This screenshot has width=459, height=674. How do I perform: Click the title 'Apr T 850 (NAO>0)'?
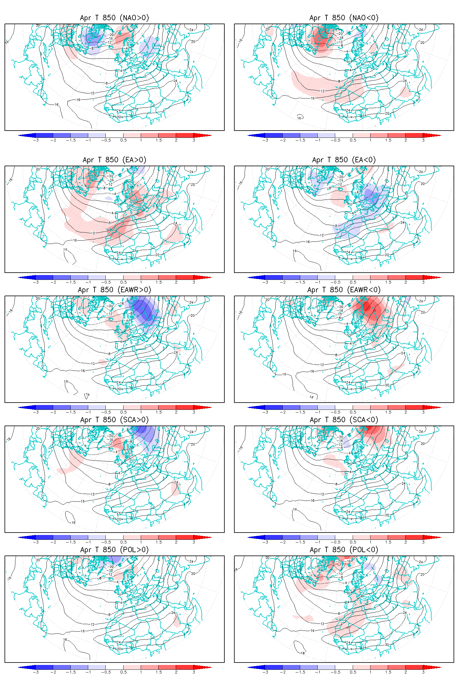tap(114, 18)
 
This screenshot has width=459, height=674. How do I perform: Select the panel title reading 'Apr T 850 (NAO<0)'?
tap(344, 18)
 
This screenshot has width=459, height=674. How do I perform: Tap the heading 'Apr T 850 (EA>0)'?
tap(114, 160)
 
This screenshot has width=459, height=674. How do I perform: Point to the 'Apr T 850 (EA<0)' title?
tap(344, 160)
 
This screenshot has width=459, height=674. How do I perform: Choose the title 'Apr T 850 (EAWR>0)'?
tap(114, 290)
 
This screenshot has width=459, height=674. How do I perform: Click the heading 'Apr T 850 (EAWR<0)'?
tap(344, 290)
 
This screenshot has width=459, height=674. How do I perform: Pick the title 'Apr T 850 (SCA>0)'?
tap(114, 420)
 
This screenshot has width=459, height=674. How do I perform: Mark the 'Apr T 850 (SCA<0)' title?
tap(344, 420)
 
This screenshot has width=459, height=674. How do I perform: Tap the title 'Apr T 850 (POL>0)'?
tap(114, 550)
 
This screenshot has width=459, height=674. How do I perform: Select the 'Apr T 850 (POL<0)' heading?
tap(344, 550)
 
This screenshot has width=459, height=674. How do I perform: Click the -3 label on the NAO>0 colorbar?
tap(36, 140)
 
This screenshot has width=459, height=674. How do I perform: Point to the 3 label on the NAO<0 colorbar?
tap(423, 140)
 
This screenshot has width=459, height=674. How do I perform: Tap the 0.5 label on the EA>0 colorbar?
tap(124, 282)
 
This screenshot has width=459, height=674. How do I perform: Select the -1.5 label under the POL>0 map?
tap(71, 672)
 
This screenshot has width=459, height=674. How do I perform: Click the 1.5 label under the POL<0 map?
tap(388, 672)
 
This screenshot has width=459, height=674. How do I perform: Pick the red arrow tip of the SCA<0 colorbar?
tap(435, 537)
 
